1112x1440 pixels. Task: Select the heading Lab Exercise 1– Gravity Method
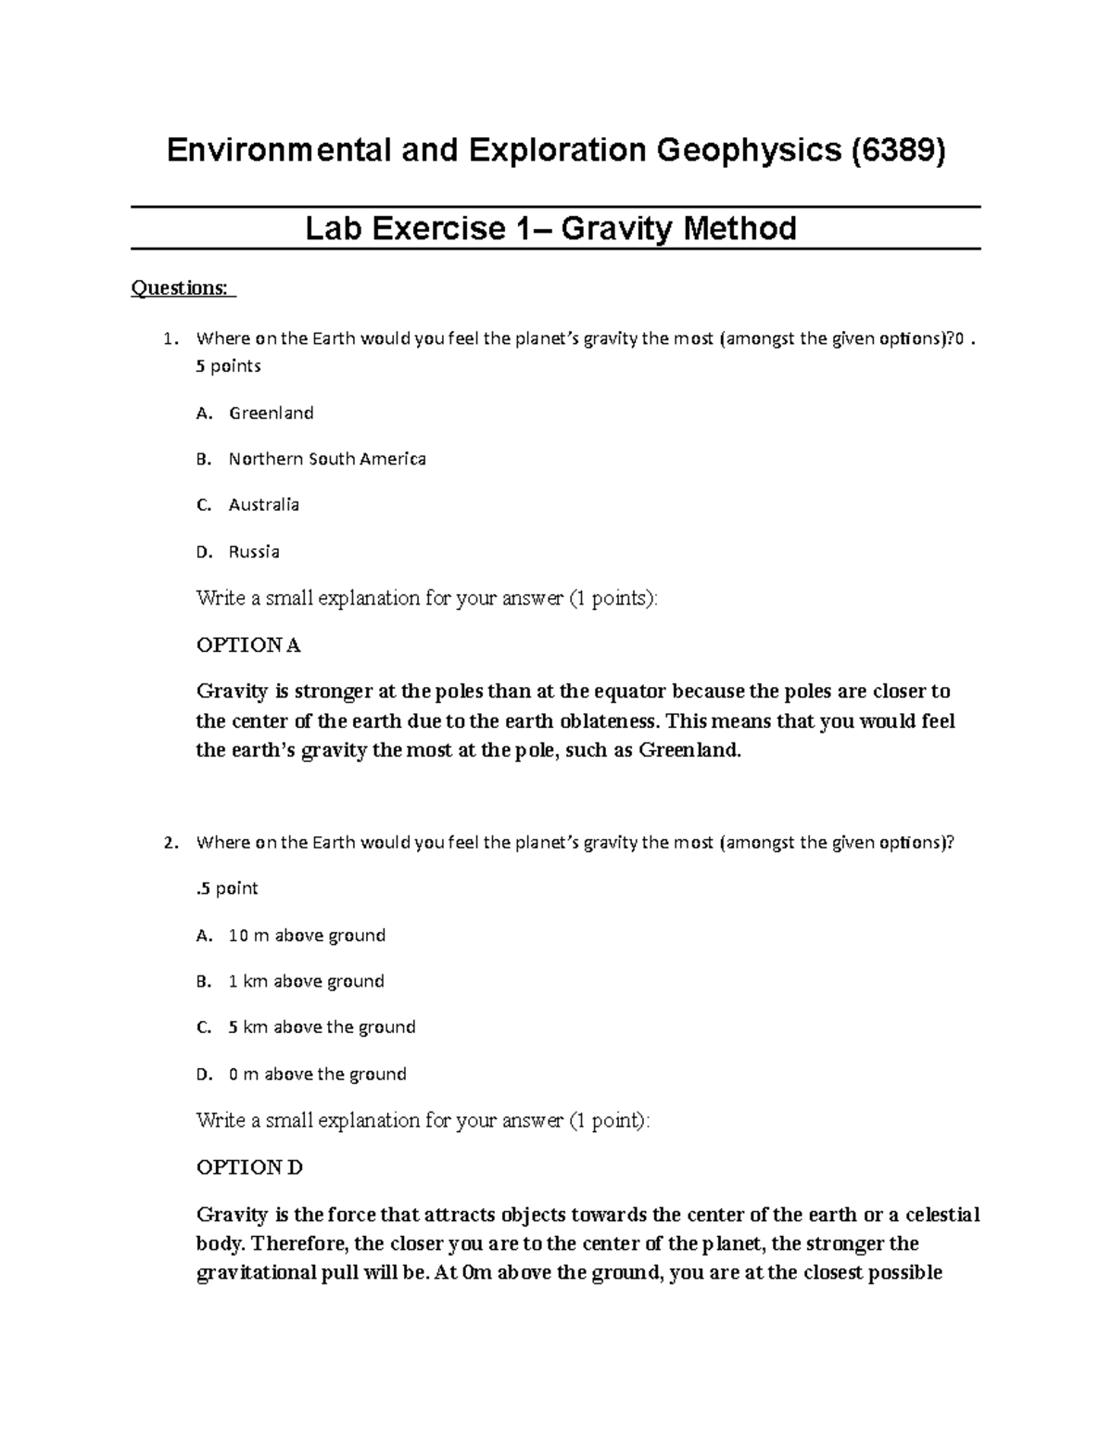click(x=550, y=228)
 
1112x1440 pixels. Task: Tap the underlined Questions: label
click(x=183, y=288)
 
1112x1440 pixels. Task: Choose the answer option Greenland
click(x=271, y=413)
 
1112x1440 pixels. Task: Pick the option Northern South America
click(x=327, y=459)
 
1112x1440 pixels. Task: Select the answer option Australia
click(x=264, y=505)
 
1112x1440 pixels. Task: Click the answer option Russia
click(x=254, y=552)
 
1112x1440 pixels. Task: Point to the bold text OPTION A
click(x=248, y=645)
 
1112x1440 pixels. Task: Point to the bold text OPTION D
click(x=249, y=1167)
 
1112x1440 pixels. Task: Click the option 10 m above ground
click(x=306, y=936)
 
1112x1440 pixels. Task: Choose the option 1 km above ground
click(x=306, y=981)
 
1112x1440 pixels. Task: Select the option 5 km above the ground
click(x=322, y=1027)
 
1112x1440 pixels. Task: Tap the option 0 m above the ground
click(x=317, y=1075)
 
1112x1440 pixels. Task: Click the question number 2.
click(x=169, y=843)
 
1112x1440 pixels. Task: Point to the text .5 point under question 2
click(x=227, y=888)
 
